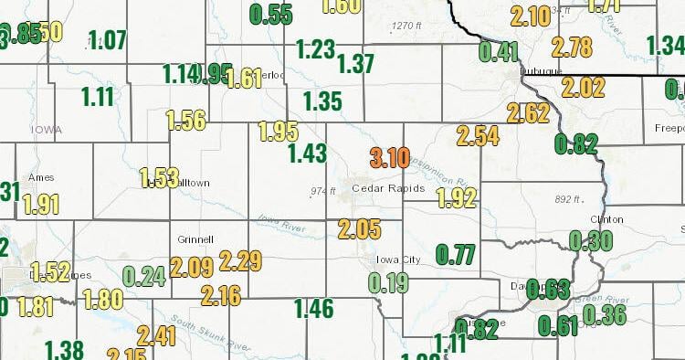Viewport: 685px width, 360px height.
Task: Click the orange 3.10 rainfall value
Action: (x=389, y=158)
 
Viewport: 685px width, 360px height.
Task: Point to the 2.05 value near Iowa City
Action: (x=358, y=228)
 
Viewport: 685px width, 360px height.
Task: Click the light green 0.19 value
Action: (x=389, y=282)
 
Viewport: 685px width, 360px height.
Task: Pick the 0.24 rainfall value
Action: (x=143, y=276)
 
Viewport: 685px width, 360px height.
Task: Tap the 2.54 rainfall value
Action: (x=478, y=137)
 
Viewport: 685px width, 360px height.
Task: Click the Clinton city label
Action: (x=607, y=219)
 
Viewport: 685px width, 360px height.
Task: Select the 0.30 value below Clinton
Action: (x=590, y=240)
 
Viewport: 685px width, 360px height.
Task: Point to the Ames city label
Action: (x=42, y=177)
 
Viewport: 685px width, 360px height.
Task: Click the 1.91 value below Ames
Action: (x=41, y=204)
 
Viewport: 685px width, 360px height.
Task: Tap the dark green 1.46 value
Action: (x=314, y=309)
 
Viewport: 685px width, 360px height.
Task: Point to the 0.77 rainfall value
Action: (x=456, y=254)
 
